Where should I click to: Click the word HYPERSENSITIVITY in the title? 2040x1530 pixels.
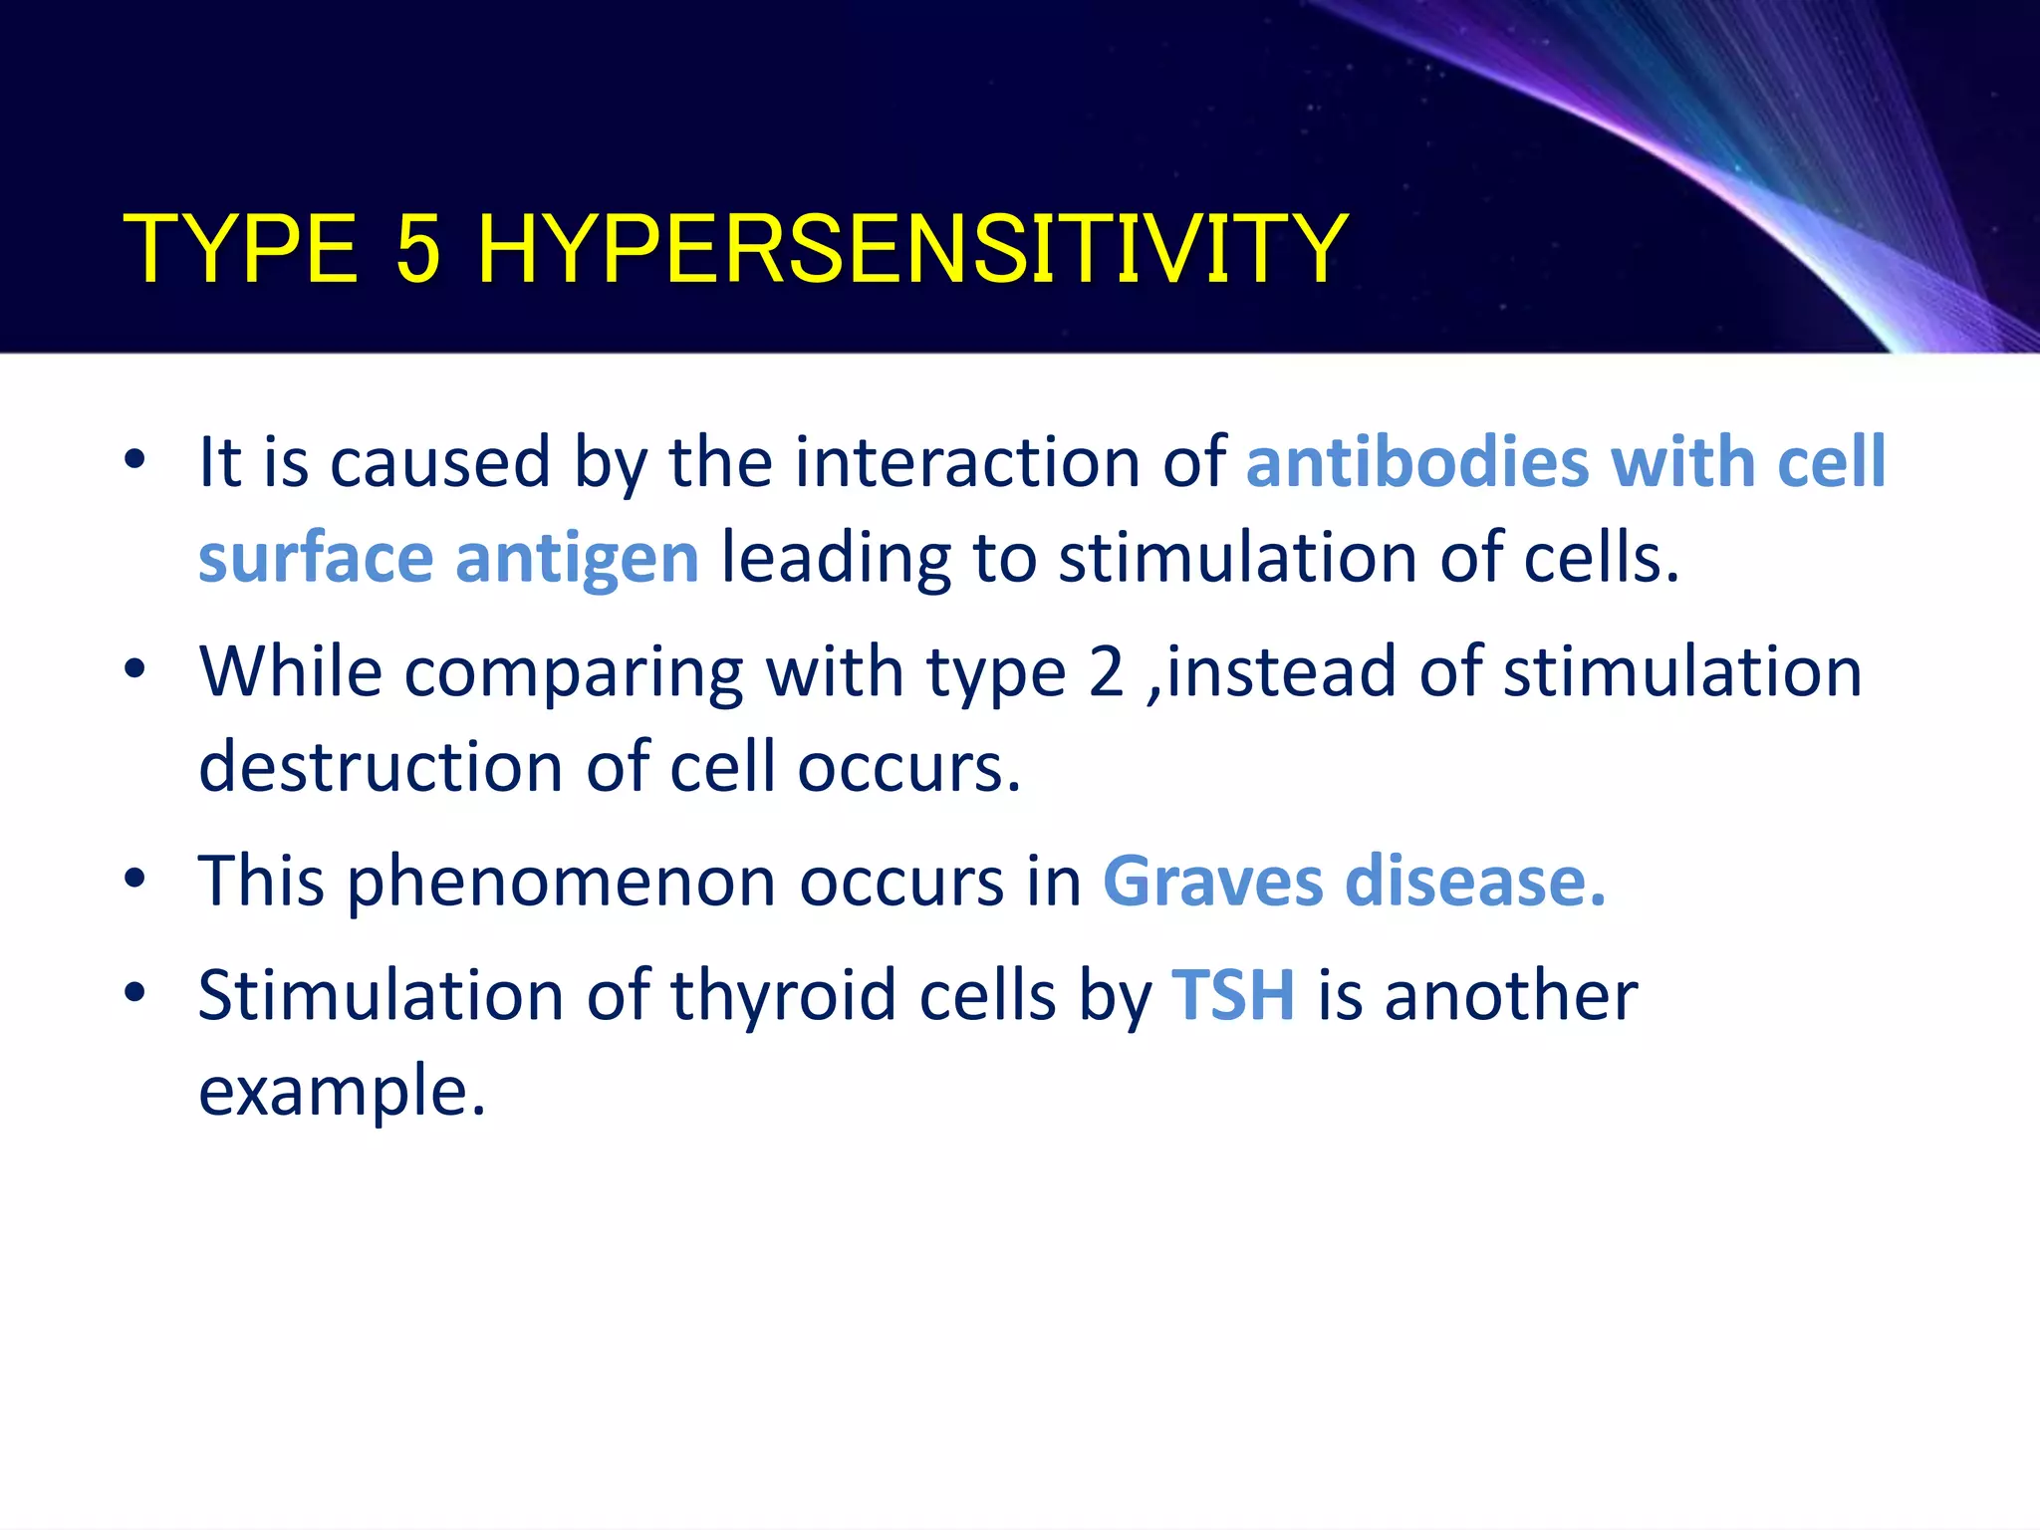pyautogui.click(x=911, y=249)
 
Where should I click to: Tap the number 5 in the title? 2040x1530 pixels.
pyautogui.click(x=417, y=249)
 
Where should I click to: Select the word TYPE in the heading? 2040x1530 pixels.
pyautogui.click(x=239, y=249)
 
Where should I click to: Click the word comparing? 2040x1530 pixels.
pyautogui.click(x=573, y=672)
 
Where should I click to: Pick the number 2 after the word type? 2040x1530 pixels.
pyautogui.click(x=1107, y=672)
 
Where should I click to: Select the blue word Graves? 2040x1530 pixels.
pyautogui.click(x=1212, y=882)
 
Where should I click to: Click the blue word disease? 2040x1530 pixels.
pyautogui.click(x=1474, y=882)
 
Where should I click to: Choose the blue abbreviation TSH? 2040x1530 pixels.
pyautogui.click(x=1233, y=995)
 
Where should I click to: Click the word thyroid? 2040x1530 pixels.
pyautogui.click(x=783, y=995)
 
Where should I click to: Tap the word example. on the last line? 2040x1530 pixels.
pyautogui.click(x=342, y=1091)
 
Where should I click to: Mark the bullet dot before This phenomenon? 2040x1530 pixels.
pyautogui.click(x=135, y=880)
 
